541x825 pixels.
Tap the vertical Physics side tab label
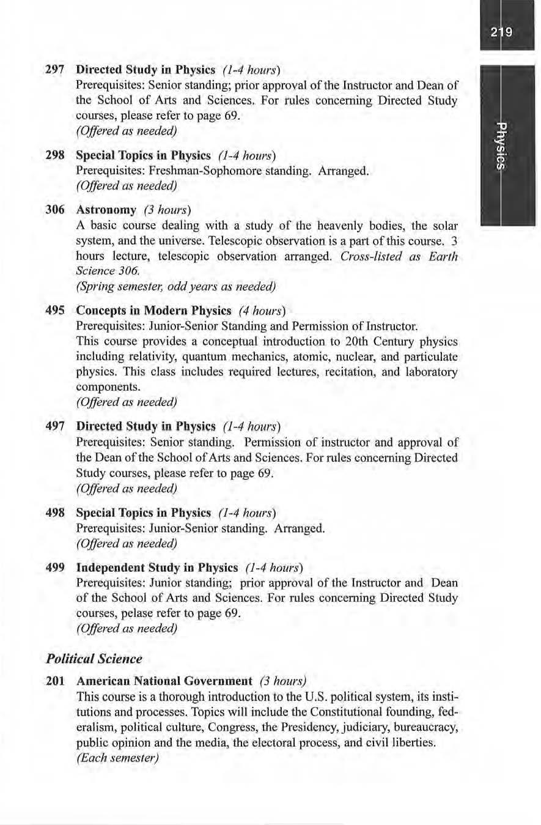click(501, 146)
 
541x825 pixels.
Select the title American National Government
click(164, 681)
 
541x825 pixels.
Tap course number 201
click(56, 681)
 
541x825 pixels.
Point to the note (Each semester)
click(117, 757)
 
